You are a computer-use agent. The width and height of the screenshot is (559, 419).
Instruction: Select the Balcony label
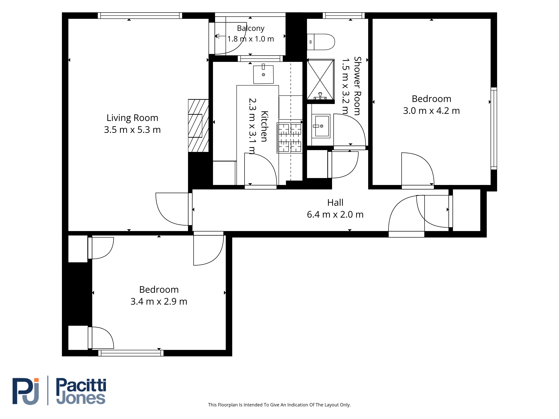251,28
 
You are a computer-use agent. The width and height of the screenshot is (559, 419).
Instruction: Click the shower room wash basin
321,126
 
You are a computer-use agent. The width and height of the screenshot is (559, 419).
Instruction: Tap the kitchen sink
263,74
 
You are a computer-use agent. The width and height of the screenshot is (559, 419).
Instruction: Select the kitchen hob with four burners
290,138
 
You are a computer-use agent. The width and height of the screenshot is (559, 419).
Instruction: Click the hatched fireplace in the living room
198,126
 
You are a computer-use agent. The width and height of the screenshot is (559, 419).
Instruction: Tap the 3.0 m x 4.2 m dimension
431,111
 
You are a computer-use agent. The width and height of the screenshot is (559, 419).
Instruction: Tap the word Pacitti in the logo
81,385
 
